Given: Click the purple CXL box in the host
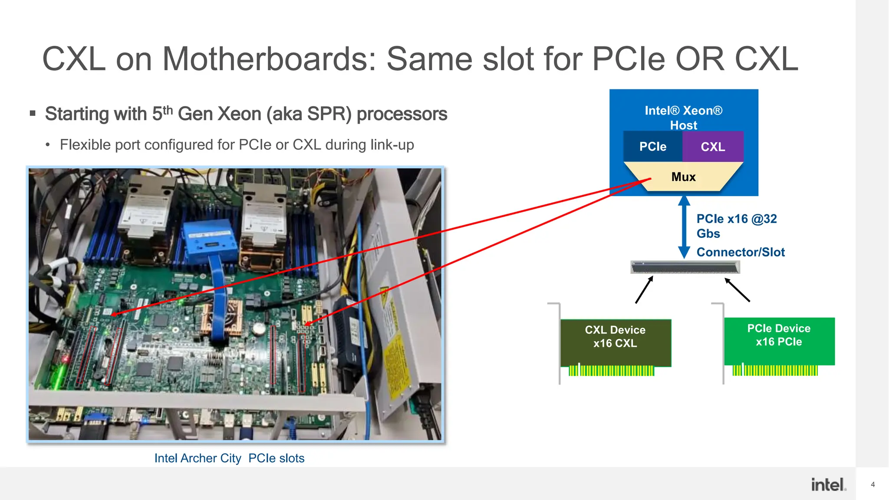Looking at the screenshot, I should click(x=713, y=147).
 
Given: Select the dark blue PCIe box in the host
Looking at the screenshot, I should click(x=652, y=147).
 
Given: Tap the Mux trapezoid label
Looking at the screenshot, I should click(x=683, y=177).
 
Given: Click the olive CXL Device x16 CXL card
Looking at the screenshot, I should click(x=615, y=342).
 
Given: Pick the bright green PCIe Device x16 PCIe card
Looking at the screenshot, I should click(x=779, y=341).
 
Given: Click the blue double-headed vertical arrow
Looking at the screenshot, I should click(x=684, y=227).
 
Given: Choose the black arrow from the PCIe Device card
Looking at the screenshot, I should click(x=737, y=290).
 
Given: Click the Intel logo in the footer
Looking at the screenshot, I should click(x=828, y=485).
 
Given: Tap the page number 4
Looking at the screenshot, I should click(x=873, y=484).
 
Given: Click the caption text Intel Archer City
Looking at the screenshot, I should click(x=198, y=458).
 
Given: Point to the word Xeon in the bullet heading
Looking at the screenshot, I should click(x=239, y=114).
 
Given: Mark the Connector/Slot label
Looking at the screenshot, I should click(x=741, y=252).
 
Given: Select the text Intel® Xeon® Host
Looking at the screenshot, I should click(x=683, y=118).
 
